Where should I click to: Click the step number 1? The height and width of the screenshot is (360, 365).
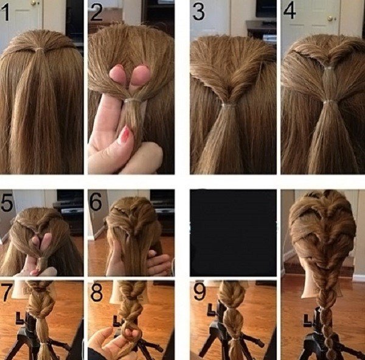[5, 13]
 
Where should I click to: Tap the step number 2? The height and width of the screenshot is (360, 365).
[96, 13]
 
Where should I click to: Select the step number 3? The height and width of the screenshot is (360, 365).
[198, 12]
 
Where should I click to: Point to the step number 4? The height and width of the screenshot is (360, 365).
[290, 11]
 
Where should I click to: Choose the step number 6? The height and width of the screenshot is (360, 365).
[96, 201]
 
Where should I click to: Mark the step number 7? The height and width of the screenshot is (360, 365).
[6, 292]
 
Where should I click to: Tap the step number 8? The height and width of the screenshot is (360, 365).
[96, 292]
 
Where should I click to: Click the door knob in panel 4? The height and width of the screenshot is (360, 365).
[330, 19]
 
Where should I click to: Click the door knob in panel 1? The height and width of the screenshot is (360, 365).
[33, 3]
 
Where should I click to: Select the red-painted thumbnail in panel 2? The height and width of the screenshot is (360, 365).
[127, 133]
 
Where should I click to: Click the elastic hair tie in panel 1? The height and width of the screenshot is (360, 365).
[40, 49]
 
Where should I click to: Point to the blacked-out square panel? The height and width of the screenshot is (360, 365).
[233, 233]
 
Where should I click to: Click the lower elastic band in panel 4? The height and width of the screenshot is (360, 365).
[328, 102]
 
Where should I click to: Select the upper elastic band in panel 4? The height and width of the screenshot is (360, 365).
[328, 68]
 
